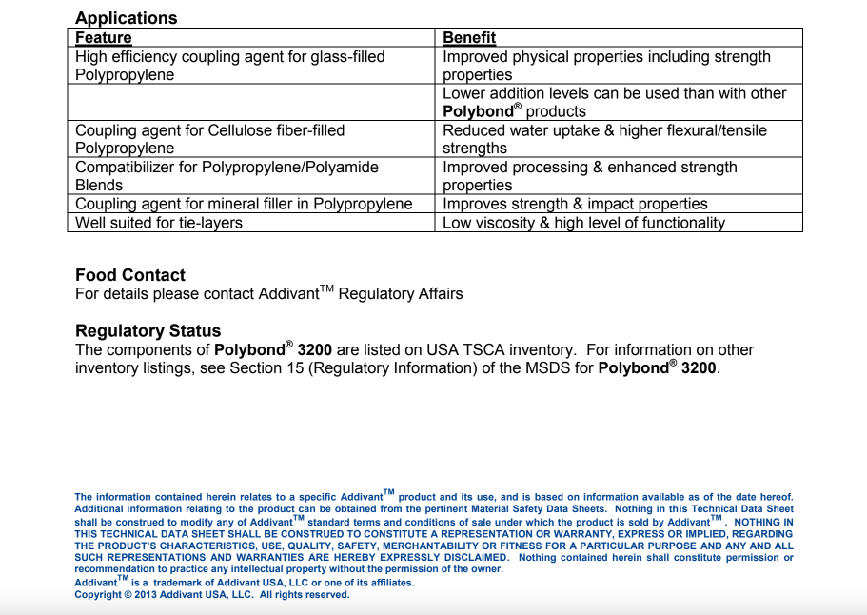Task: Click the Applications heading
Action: (x=126, y=18)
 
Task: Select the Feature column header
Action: (x=103, y=38)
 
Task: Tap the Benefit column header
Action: (x=469, y=38)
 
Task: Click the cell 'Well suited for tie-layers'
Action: (x=159, y=223)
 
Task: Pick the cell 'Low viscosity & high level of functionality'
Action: (x=583, y=223)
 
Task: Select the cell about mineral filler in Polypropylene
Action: (x=244, y=204)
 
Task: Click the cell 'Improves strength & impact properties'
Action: (x=575, y=204)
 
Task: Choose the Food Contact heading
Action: (x=130, y=275)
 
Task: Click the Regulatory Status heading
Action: (x=148, y=331)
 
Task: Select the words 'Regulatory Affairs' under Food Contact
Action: (x=401, y=294)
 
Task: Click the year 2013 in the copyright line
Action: (x=141, y=595)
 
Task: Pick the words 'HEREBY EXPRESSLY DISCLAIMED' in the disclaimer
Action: (x=425, y=558)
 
